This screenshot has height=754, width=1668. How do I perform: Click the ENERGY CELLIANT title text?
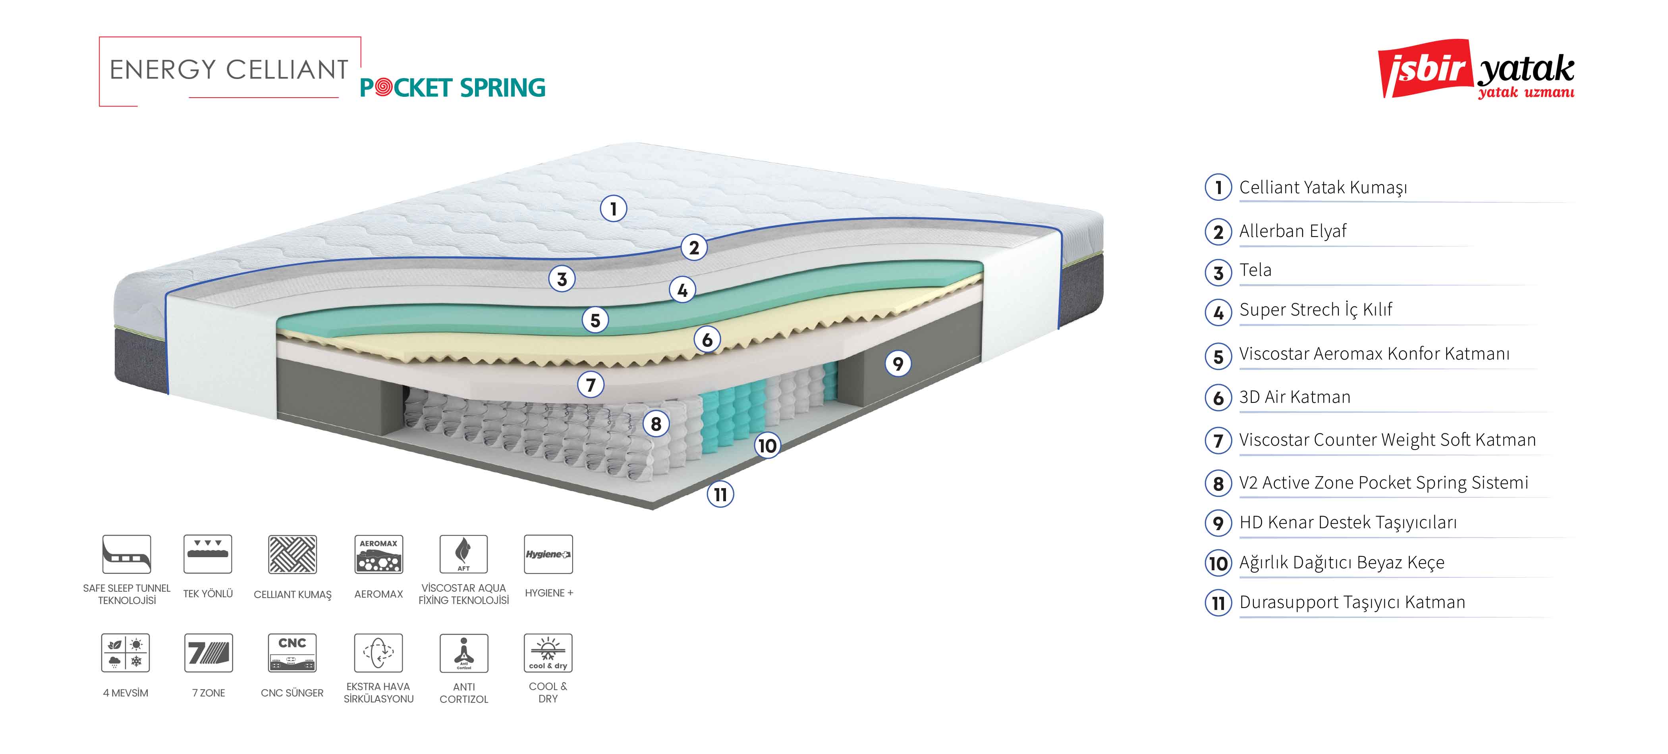(x=229, y=69)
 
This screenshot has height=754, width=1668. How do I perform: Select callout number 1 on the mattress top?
(x=613, y=208)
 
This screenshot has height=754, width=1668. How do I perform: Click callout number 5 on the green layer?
(x=595, y=320)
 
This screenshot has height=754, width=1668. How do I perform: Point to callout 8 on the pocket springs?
(x=656, y=424)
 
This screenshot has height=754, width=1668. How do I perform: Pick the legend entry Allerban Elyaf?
(x=1292, y=231)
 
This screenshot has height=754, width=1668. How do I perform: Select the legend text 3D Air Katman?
(x=1294, y=397)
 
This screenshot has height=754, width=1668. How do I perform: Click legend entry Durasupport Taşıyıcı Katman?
(x=1352, y=602)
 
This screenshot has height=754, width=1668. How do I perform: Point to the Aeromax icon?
(x=379, y=554)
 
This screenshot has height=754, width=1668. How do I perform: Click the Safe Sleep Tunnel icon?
(x=127, y=554)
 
